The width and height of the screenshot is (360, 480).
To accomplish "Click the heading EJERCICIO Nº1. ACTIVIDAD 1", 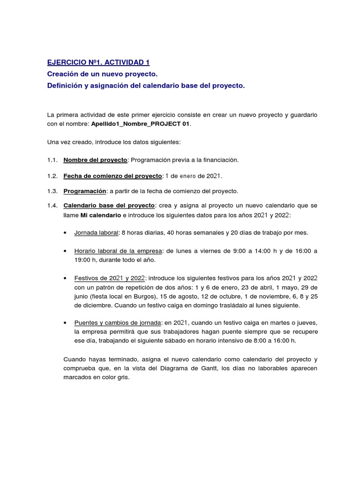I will [x=98, y=62].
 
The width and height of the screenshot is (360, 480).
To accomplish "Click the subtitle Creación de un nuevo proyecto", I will [x=102, y=75].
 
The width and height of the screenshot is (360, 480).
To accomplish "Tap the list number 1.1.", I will [x=52, y=160].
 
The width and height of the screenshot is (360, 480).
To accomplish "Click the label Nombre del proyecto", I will [x=95, y=160].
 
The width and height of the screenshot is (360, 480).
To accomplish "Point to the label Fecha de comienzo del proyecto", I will [x=112, y=176].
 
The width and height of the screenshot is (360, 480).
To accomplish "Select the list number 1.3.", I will [x=52, y=191].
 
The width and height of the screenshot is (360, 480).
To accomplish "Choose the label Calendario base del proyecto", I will [x=109, y=205].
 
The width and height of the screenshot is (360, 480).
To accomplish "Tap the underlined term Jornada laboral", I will [x=96, y=232].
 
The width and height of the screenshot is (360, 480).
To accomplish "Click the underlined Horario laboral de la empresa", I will [x=117, y=251].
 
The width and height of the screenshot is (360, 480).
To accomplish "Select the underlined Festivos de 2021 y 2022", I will [x=110, y=278].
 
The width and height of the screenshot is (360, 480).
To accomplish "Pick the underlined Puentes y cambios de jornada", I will [x=118, y=323].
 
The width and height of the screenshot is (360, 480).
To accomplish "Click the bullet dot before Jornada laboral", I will [x=65, y=233].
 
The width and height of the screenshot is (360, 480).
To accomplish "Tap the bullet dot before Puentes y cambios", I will [x=65, y=323].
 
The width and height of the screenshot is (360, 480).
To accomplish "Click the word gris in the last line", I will [x=122, y=377].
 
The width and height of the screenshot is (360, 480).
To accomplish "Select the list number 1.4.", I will [x=52, y=205].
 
